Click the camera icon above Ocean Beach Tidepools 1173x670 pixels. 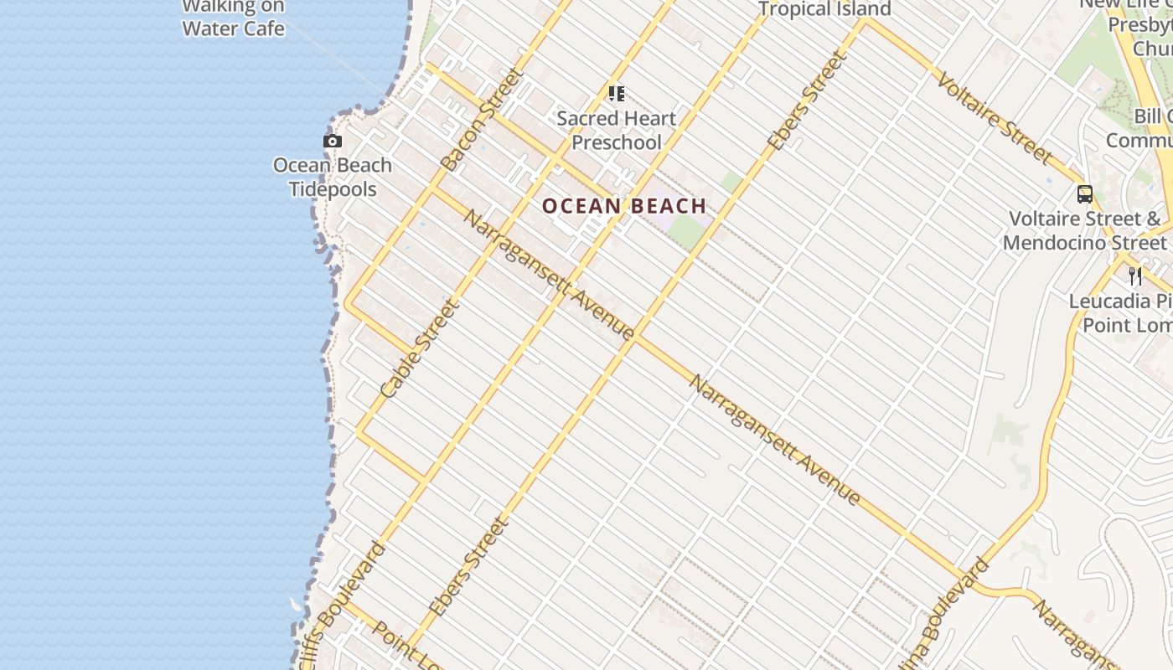tap(333, 142)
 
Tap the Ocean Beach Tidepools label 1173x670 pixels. tap(333, 177)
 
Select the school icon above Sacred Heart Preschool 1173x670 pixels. tap(617, 93)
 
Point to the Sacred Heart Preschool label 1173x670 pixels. tap(617, 131)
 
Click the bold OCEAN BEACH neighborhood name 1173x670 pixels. tap(624, 206)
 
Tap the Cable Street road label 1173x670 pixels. tap(420, 349)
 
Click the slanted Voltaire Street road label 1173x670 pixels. tap(995, 117)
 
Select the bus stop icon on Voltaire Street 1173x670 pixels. tap(1085, 194)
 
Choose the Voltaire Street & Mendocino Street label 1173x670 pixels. tap(1086, 231)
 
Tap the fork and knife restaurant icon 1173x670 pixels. tap(1135, 276)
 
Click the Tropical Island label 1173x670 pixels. tap(824, 9)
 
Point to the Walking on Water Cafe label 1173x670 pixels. tap(233, 18)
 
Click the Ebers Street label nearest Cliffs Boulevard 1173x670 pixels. tap(469, 567)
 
